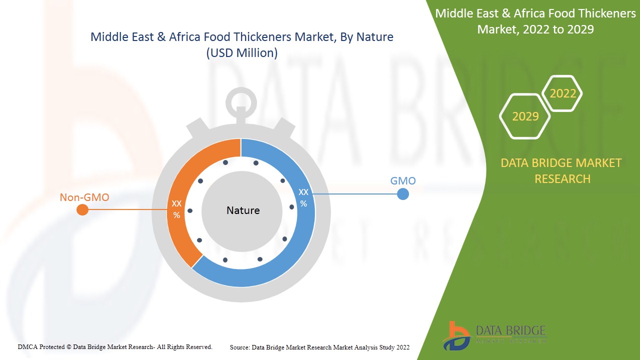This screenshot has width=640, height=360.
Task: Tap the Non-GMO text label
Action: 84,197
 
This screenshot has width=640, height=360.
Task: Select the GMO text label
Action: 402,180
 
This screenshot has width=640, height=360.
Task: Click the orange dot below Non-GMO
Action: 82,210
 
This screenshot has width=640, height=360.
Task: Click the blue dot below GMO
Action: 402,194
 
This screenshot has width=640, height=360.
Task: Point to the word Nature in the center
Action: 243,210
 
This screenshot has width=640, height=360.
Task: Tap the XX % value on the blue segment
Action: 303,197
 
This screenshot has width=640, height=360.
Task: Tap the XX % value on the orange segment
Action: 176,209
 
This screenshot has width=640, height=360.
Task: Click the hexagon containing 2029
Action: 525,116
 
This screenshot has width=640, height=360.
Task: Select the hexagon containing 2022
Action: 562,93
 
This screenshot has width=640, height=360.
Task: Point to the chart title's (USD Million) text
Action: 241,52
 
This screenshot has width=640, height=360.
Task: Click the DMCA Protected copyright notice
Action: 115,346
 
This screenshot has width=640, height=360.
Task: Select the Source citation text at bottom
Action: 319,347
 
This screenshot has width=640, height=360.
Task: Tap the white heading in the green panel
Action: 535,21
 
